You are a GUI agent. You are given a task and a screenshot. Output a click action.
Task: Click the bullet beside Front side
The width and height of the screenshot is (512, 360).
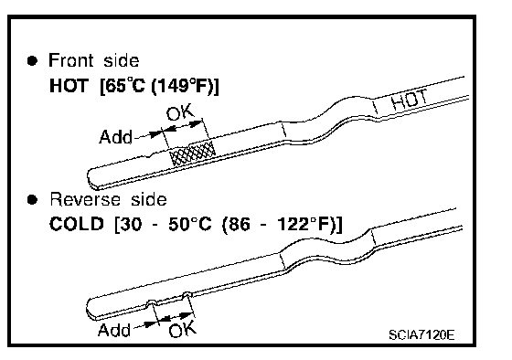32,60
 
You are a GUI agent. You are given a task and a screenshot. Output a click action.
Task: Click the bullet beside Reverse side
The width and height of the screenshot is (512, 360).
32,199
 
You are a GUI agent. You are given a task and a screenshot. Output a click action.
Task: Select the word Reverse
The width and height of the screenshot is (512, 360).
85,199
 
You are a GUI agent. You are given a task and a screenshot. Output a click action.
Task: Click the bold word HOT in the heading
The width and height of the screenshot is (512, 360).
69,86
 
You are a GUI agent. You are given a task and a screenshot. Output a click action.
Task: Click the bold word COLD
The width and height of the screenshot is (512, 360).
77,224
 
